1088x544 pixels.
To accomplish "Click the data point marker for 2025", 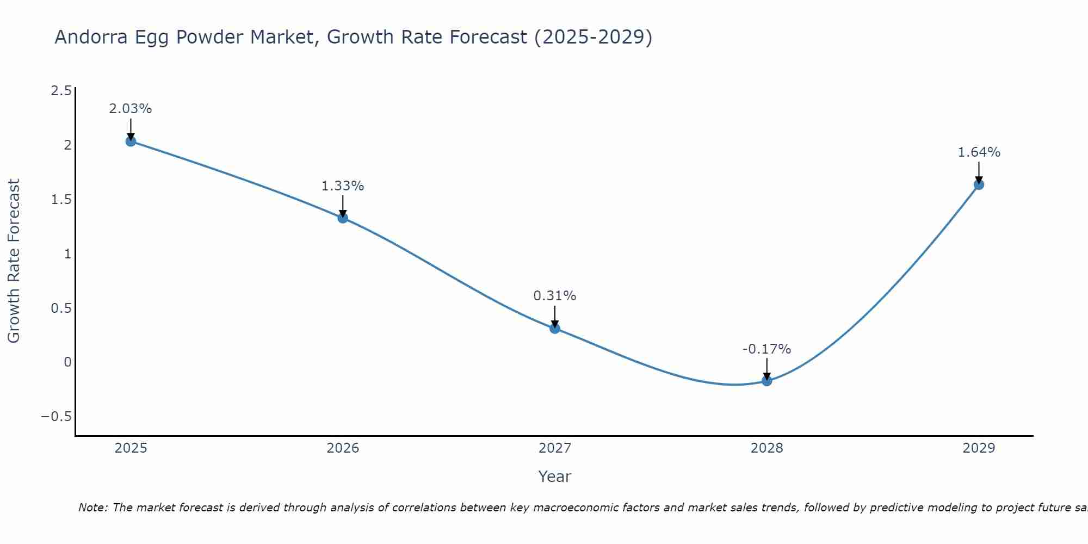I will click(x=131, y=141).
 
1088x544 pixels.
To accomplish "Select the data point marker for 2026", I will click(x=343, y=218).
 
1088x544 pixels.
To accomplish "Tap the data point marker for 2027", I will click(x=555, y=329).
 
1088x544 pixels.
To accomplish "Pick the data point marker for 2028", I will click(x=767, y=381).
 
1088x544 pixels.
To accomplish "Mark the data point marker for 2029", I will click(x=979, y=184).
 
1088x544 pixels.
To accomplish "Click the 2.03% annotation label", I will click(x=131, y=109).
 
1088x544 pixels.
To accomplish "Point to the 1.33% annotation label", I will click(x=343, y=186).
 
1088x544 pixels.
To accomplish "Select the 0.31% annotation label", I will click(x=555, y=296).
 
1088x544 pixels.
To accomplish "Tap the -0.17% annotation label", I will click(x=767, y=349).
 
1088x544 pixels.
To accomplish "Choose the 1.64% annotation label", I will click(x=979, y=152).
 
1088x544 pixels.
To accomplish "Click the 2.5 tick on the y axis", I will click(x=61, y=91).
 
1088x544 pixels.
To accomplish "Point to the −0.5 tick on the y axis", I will click(x=56, y=417).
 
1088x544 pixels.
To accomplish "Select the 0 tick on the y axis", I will click(x=67, y=362).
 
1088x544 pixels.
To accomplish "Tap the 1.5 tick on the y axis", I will click(x=61, y=200).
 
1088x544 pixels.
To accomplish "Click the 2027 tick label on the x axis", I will click(x=555, y=448).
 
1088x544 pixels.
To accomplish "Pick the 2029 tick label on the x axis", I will click(x=979, y=448).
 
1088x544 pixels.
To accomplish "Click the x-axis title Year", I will click(x=555, y=477).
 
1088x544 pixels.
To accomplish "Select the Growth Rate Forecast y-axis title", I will click(x=14, y=261).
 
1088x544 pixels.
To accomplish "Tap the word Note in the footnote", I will click(x=92, y=508).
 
